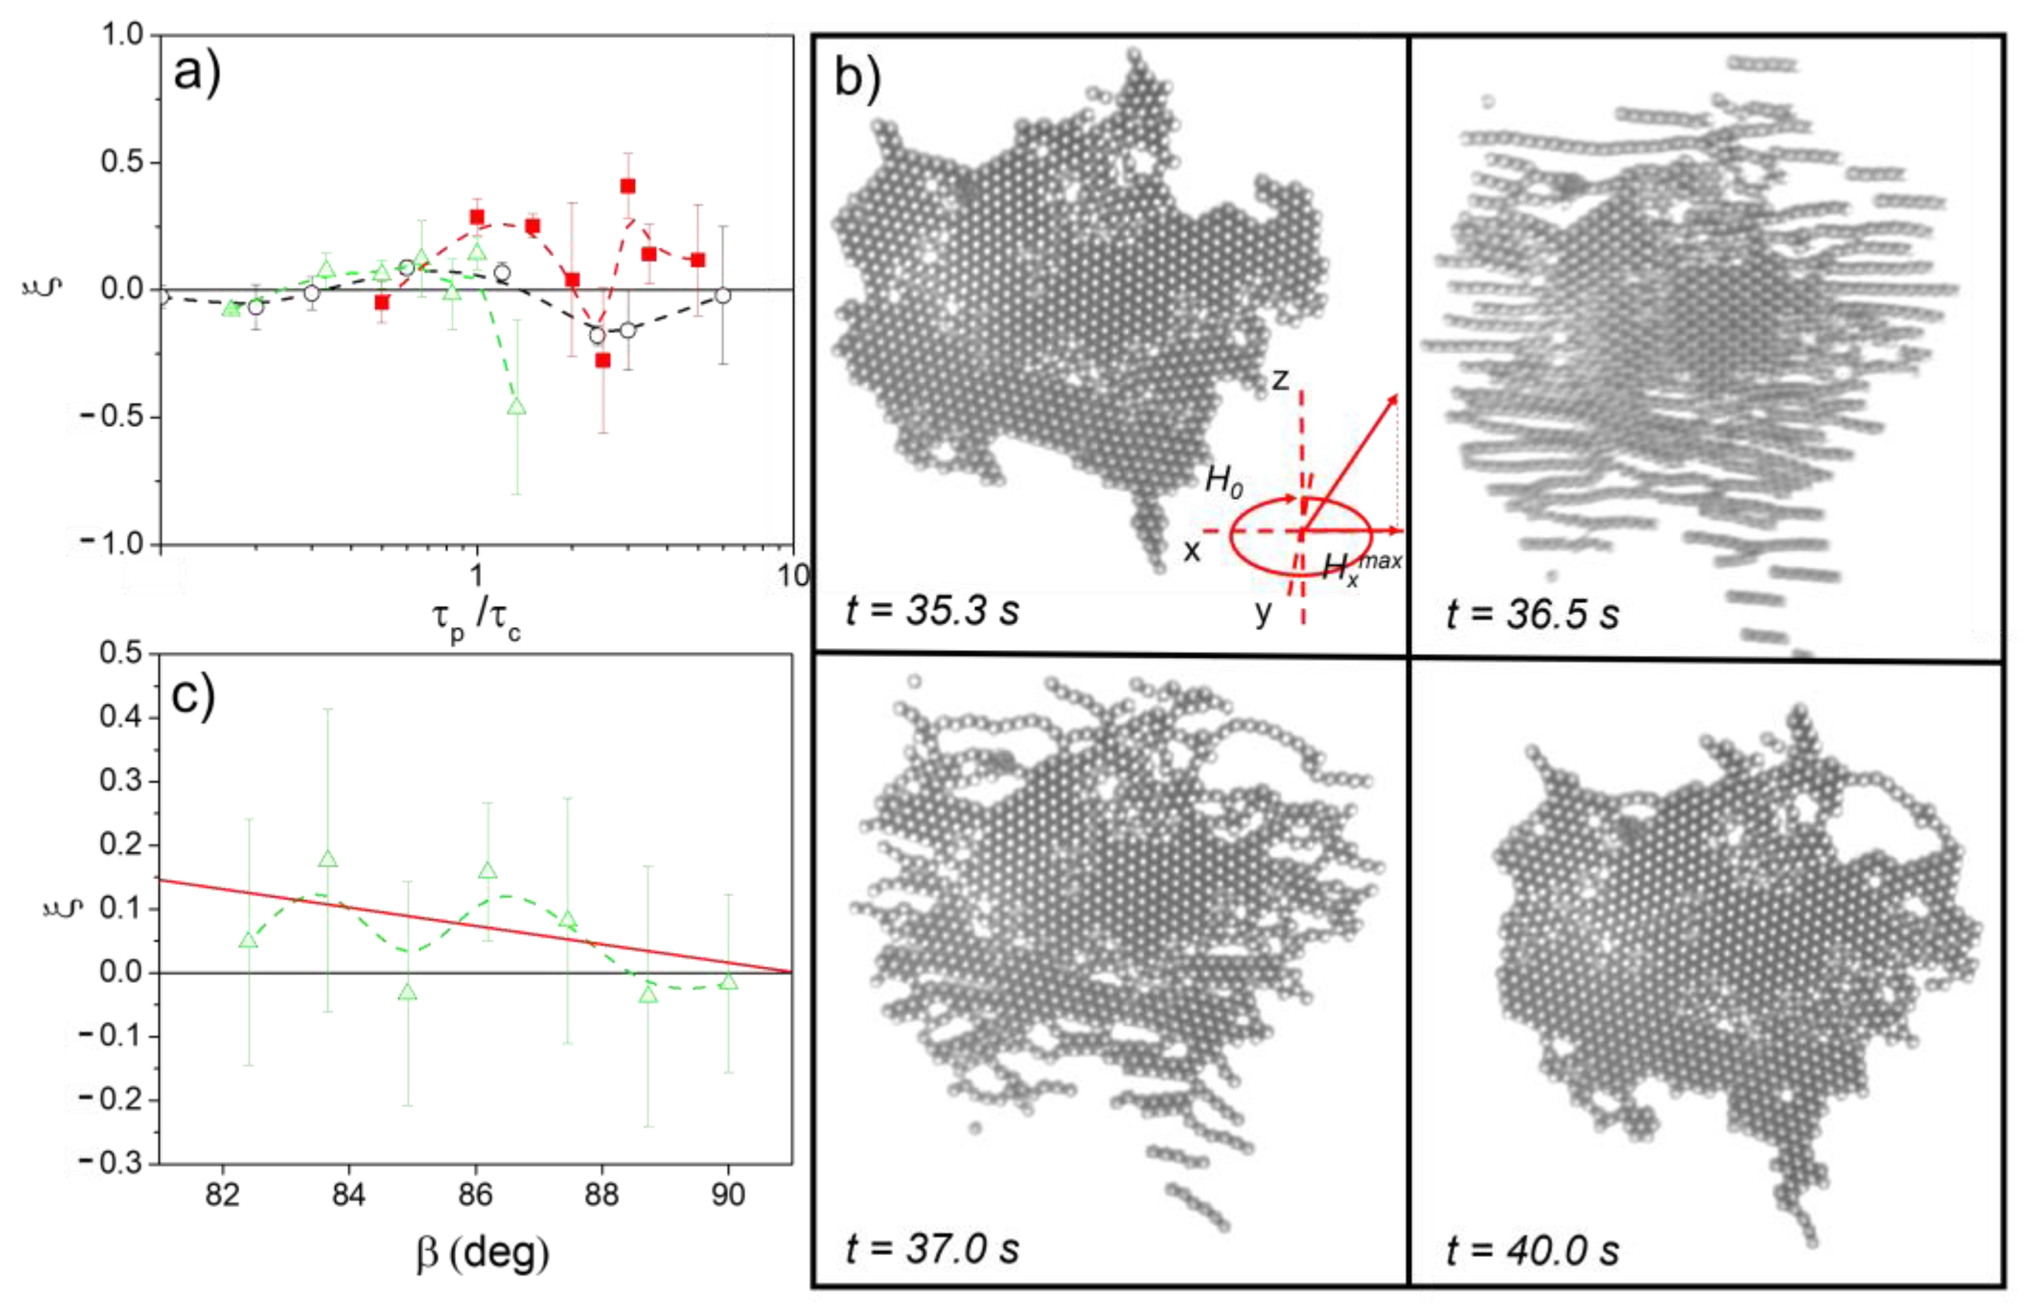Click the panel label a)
click(197, 72)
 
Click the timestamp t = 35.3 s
click(932, 610)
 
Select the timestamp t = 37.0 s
click(932, 1248)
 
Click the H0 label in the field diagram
click(1223, 482)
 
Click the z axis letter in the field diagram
click(1279, 379)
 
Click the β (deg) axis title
click(482, 1253)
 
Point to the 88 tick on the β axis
click(601, 1195)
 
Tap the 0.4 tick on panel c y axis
click(120, 716)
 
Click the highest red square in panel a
click(628, 186)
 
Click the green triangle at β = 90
click(728, 981)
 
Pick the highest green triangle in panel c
click(327, 859)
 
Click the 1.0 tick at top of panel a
click(123, 35)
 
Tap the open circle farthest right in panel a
click(722, 296)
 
